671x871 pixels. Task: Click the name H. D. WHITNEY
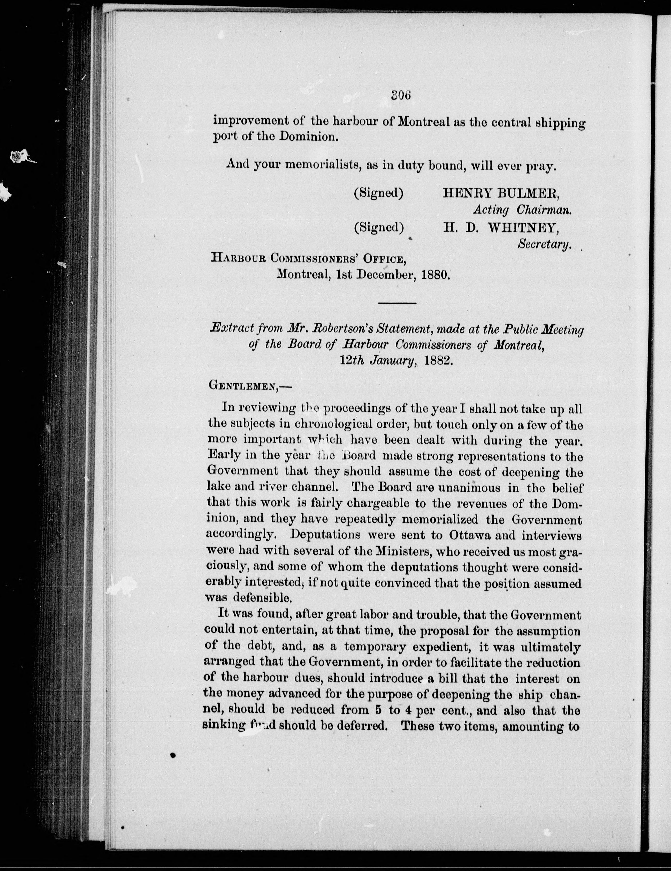[501, 227]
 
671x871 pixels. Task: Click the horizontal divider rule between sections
[397, 304]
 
